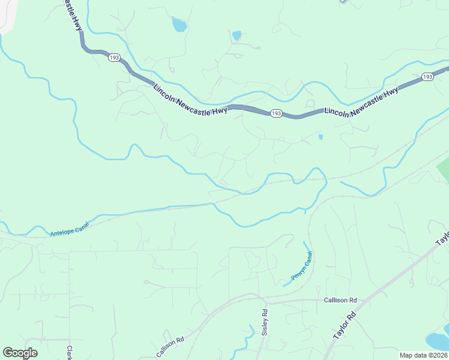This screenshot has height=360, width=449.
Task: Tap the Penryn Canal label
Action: pyautogui.click(x=302, y=266)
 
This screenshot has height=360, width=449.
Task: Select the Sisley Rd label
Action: pyautogui.click(x=264, y=322)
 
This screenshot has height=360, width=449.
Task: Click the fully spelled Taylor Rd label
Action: pyautogui.click(x=344, y=323)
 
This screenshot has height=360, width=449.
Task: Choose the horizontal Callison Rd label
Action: pyautogui.click(x=340, y=300)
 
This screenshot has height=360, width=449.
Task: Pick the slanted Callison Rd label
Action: pyautogui.click(x=173, y=347)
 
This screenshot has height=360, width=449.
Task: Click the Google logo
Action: pyautogui.click(x=20, y=353)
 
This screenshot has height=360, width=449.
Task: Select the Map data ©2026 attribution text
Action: pyautogui.click(x=423, y=355)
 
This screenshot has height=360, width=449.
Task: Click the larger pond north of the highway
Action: pyautogui.click(x=179, y=25)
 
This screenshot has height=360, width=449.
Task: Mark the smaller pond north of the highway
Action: pyautogui.click(x=237, y=35)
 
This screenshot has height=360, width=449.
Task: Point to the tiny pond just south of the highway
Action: pyautogui.click(x=321, y=137)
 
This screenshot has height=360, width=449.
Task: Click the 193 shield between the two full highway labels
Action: pyautogui.click(x=276, y=113)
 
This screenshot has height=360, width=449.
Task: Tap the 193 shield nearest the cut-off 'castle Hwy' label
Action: pyautogui.click(x=114, y=58)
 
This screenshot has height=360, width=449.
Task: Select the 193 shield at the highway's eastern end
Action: pyautogui.click(x=427, y=77)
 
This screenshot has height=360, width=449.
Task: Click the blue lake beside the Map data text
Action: pyautogui.click(x=437, y=340)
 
